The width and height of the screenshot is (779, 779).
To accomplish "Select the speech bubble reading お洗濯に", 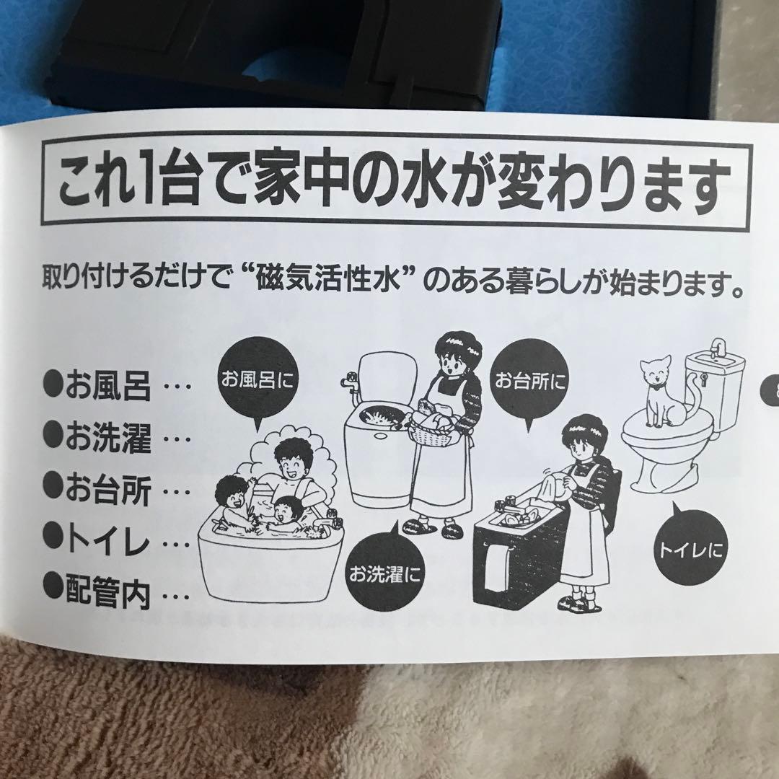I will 384,574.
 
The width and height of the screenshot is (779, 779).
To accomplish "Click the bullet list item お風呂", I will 108,387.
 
